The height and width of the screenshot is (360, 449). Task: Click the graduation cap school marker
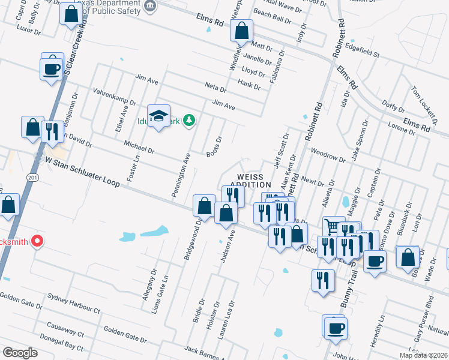(159, 116)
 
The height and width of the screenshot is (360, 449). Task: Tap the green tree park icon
(190, 121)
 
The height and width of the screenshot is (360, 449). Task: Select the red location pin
(37, 241)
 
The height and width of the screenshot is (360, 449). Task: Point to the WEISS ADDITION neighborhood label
(252, 180)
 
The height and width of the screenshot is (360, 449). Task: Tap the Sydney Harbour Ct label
(73, 304)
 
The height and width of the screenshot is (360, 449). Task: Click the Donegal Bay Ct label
(61, 347)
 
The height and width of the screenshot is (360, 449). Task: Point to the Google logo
(20, 352)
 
